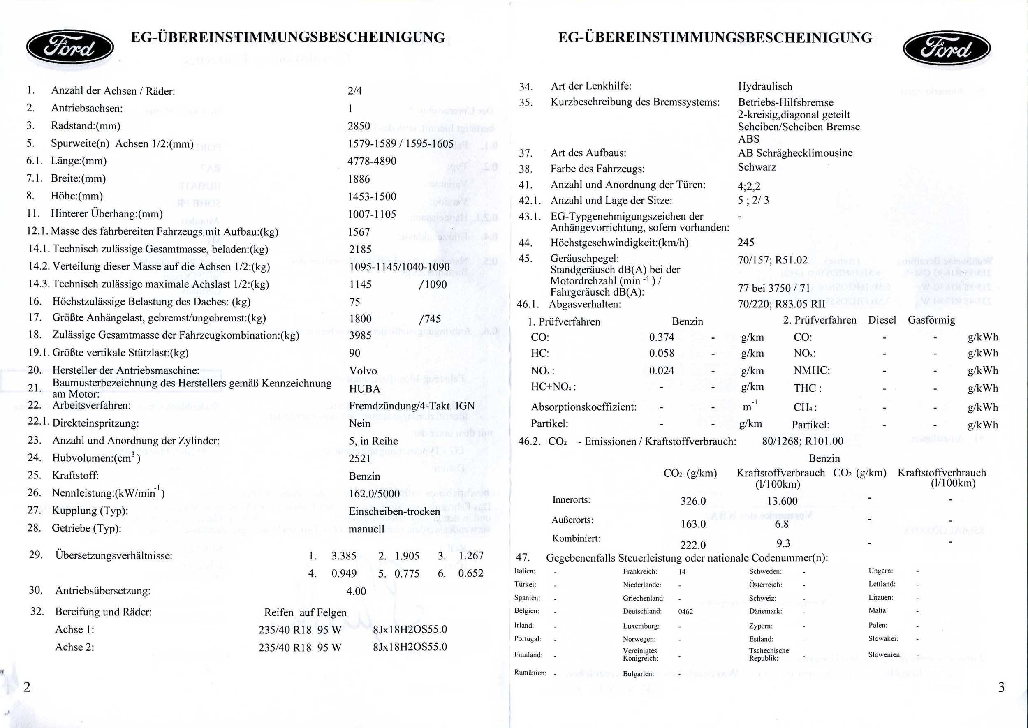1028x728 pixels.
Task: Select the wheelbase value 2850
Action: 359,126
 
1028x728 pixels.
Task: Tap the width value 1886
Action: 359,179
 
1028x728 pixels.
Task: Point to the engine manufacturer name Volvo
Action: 363,371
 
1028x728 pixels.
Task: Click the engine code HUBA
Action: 364,388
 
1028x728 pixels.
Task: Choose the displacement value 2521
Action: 359,458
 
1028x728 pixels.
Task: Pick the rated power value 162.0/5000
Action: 374,494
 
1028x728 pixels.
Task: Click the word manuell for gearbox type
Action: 366,529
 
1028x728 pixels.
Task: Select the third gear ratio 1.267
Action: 471,556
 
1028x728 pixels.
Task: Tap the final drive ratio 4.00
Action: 356,591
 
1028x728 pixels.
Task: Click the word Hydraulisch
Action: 765,86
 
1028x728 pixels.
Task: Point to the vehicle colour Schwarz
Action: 757,167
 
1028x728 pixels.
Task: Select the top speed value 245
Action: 746,243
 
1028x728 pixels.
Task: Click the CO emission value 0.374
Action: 661,337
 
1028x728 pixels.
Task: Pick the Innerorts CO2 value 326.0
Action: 692,501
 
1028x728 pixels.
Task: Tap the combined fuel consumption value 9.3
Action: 783,543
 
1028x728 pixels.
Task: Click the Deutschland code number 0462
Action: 685,611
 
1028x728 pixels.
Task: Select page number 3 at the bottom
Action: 1001,687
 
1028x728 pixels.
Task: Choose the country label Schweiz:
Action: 762,598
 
